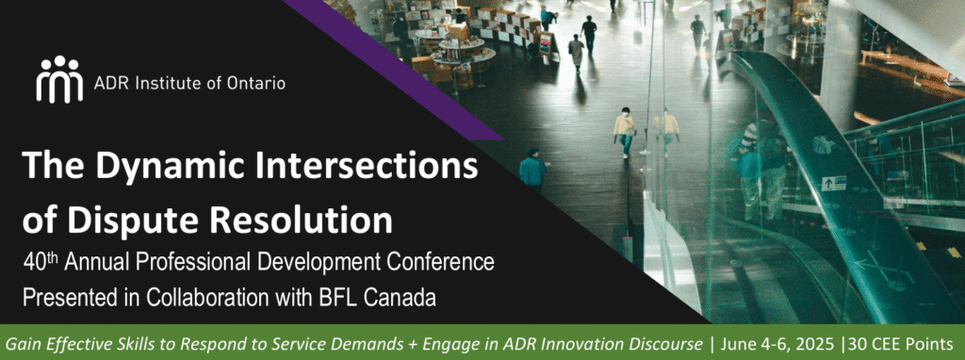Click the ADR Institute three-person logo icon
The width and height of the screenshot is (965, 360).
tap(59, 79)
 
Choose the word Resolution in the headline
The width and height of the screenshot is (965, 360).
tap(294, 220)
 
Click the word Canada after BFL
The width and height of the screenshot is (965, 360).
tap(400, 297)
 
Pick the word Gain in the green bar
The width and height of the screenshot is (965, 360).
tap(21, 343)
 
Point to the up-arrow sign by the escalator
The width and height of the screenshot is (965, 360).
tap(833, 183)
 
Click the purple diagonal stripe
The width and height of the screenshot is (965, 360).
tap(394, 69)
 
